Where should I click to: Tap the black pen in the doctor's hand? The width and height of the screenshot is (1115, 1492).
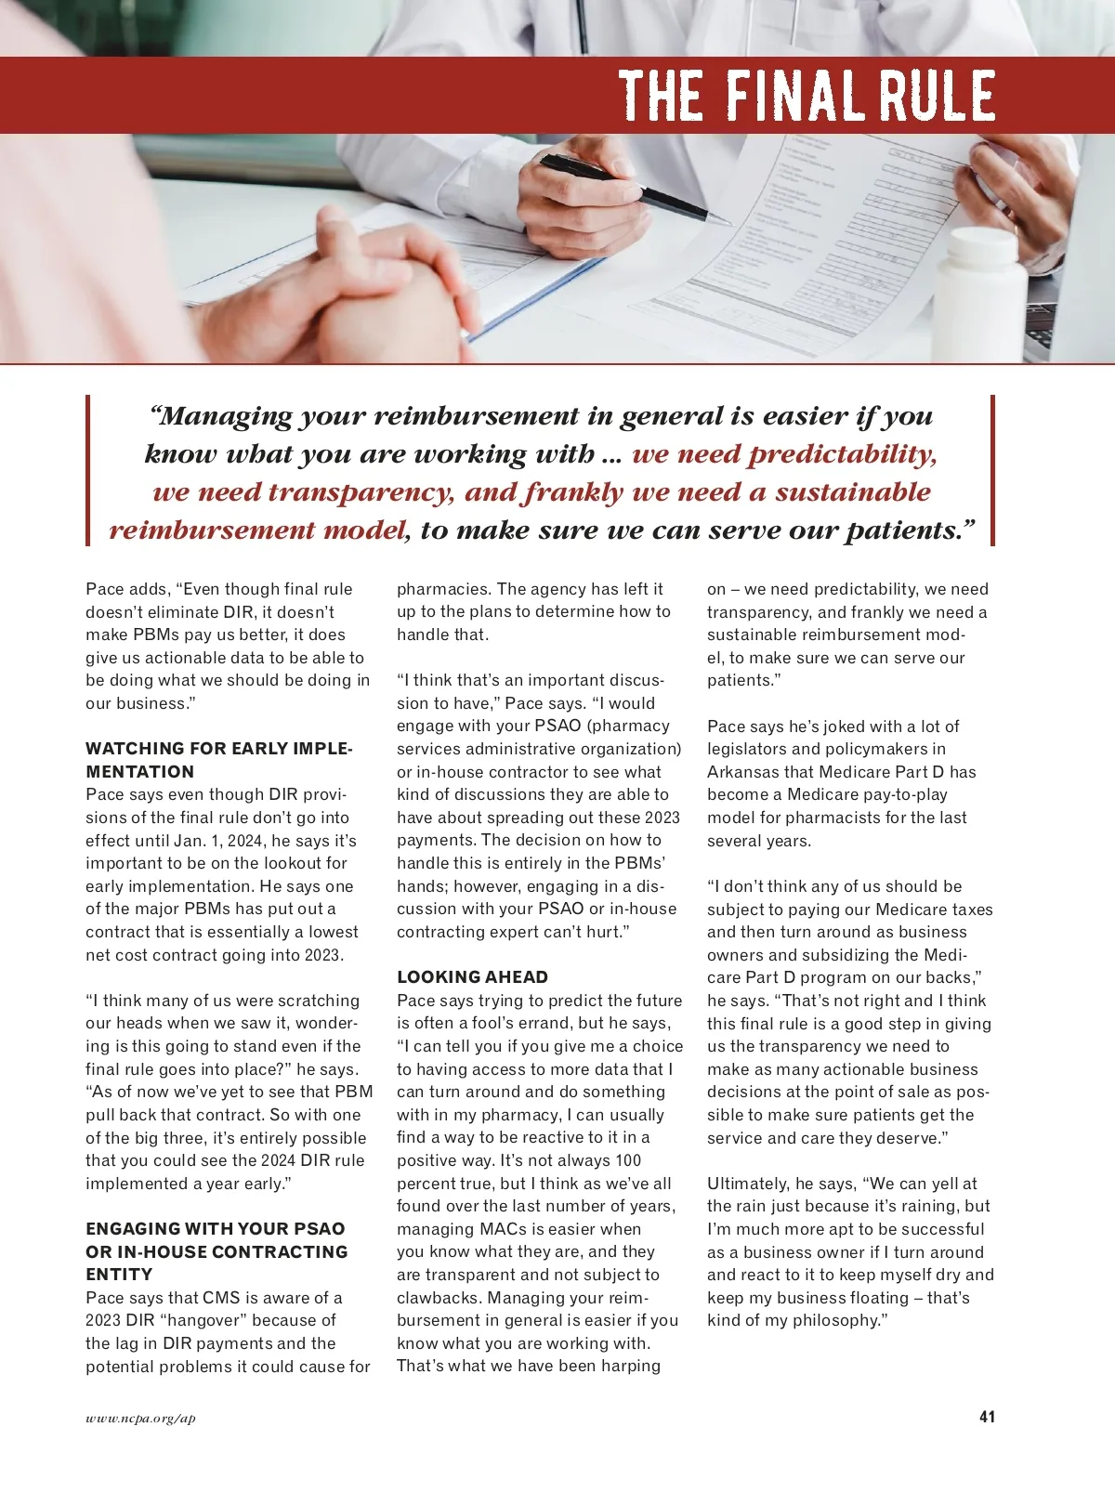(632, 190)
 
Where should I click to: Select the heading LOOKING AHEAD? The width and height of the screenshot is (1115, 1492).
(472, 977)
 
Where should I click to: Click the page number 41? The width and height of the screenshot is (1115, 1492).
(987, 1417)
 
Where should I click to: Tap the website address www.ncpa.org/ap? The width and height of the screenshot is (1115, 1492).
(140, 1418)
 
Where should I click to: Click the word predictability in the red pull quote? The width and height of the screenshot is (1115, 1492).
(842, 454)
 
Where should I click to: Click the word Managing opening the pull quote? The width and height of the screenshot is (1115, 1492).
(221, 415)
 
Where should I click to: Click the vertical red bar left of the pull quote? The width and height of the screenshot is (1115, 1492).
(88, 470)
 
